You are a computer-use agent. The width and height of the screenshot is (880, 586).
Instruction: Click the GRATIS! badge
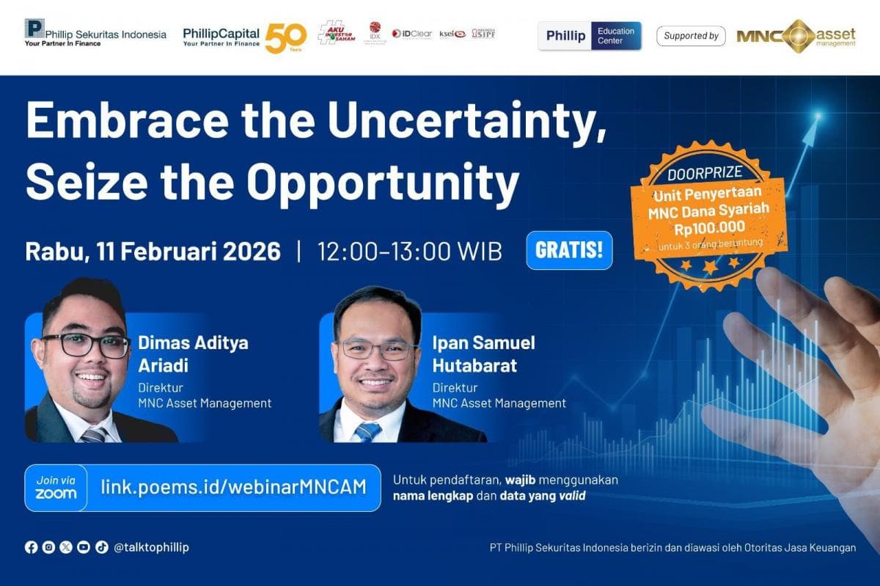pos(569,250)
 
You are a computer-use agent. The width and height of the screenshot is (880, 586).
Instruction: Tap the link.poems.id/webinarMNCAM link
pos(233,487)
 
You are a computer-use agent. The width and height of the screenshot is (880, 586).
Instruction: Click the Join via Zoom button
pos(56,488)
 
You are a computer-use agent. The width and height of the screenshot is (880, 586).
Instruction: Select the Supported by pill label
pos(691,35)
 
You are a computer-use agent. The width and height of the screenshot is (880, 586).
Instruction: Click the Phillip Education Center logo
pos(590,35)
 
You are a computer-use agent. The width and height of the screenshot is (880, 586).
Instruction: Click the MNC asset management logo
pos(796,35)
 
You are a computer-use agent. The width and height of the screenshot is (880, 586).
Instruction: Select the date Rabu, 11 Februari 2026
pos(153,252)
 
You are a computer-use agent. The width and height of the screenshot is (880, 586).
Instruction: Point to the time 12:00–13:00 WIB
pos(409,252)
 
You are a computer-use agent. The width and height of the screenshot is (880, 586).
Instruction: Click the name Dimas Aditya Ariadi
pos(193,354)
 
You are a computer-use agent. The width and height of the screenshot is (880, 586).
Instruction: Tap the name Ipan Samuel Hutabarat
pos(483,354)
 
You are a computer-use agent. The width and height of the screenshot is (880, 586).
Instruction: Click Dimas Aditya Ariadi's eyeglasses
pos(85,345)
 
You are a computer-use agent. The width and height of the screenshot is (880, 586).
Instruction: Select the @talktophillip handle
pos(151,547)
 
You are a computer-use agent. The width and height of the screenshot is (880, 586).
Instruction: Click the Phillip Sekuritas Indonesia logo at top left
pos(95,33)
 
